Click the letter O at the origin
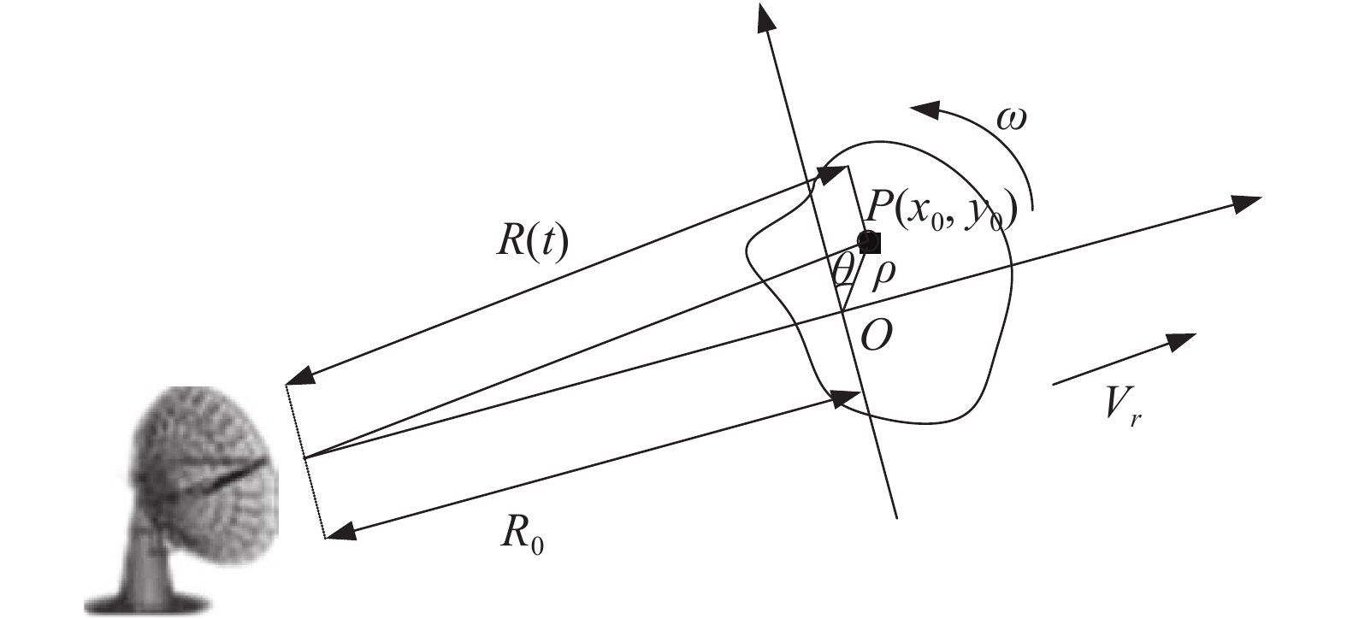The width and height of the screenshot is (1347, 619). [876, 337]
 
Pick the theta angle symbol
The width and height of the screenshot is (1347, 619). [843, 273]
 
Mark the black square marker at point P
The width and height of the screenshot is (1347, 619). [869, 241]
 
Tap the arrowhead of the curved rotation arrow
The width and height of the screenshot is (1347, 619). [923, 109]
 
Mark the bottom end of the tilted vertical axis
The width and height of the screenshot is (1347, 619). [895, 516]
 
